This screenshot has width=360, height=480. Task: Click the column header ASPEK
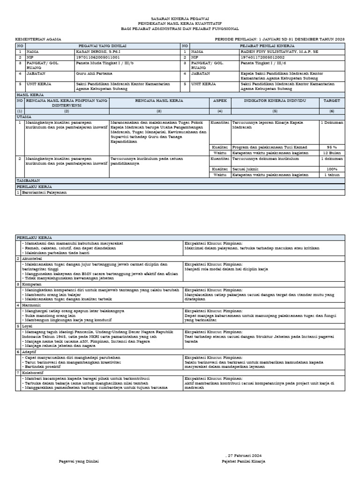click(x=220, y=101)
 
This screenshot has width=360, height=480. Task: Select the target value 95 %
click(x=332, y=147)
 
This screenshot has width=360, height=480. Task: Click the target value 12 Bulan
click(x=332, y=153)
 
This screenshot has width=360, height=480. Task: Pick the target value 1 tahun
click(x=332, y=175)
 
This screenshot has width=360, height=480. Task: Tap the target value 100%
click(x=332, y=169)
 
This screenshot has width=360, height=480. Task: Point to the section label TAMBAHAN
click(x=29, y=180)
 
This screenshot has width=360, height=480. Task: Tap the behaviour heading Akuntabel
click(x=32, y=258)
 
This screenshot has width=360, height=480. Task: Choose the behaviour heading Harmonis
click(x=31, y=305)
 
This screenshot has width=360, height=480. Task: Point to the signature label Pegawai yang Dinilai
click(x=79, y=461)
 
